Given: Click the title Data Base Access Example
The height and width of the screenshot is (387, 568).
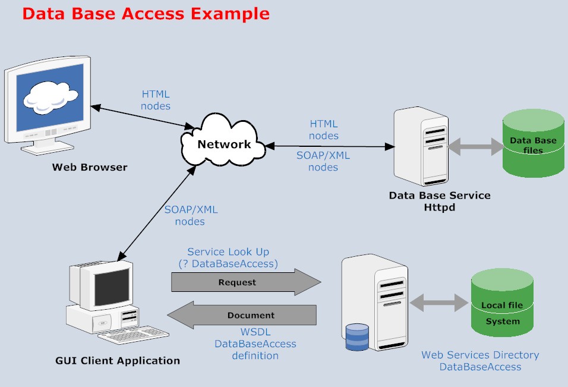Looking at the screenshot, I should pyautogui.click(x=146, y=14).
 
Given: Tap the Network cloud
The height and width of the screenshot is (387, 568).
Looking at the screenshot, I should pyautogui.click(x=224, y=144).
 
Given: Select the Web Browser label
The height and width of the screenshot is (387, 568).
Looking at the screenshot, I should pyautogui.click(x=90, y=167).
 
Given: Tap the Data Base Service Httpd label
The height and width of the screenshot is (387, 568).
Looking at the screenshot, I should pyautogui.click(x=440, y=201).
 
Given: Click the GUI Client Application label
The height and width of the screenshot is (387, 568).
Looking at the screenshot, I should pyautogui.click(x=118, y=360).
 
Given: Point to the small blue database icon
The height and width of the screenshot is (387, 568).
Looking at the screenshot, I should pyautogui.click(x=357, y=337).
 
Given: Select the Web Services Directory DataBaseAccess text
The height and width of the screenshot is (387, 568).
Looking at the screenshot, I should pyautogui.click(x=480, y=361).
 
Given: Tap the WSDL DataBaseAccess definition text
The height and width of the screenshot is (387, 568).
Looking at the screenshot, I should pyautogui.click(x=255, y=344).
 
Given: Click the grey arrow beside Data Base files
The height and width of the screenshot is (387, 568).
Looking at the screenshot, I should pyautogui.click(x=475, y=147).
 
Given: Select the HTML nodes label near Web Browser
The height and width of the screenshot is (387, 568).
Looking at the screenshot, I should pyautogui.click(x=156, y=100).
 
